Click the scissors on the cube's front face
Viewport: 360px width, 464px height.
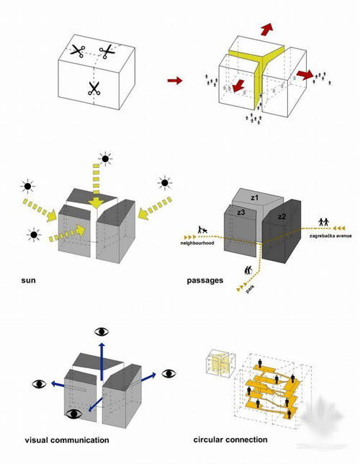click(94, 89)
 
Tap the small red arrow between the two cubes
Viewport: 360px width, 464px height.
click(175, 80)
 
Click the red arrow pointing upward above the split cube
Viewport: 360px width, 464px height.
click(267, 29)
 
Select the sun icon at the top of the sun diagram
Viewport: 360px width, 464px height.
click(105, 159)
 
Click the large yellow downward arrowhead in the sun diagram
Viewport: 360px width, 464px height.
click(96, 203)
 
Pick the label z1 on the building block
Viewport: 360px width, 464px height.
click(255, 197)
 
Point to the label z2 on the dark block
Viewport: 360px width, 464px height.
click(282, 217)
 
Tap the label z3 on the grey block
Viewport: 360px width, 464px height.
click(240, 212)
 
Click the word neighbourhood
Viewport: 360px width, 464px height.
click(197, 243)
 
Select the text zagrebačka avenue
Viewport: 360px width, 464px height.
click(330, 236)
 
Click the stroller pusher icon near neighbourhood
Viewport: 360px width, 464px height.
click(202, 230)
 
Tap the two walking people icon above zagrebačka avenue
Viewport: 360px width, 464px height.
click(324, 222)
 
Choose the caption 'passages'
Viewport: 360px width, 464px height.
click(204, 280)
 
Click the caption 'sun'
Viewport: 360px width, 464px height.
click(28, 280)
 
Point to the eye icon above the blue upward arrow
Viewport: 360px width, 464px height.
click(102, 331)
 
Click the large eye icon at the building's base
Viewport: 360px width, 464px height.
click(74, 414)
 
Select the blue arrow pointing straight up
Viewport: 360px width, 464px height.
click(102, 361)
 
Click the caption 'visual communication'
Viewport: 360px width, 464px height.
click(67, 440)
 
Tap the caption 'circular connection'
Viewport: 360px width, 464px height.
click(230, 440)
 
